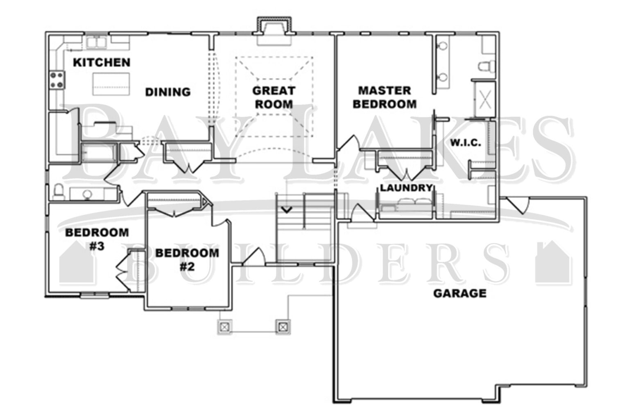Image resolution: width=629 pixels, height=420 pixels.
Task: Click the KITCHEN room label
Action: [102, 62]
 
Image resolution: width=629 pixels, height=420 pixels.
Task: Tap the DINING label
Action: [168, 92]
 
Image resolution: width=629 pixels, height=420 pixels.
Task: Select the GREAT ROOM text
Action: [274, 97]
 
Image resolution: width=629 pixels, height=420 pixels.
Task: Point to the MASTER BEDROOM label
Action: [384, 97]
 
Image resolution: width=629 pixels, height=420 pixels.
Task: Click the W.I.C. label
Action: [466, 143]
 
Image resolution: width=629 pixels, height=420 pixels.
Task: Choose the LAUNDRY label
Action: [406, 188]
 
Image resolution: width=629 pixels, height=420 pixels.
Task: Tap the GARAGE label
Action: [460, 293]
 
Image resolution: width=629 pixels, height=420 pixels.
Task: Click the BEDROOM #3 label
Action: [97, 239]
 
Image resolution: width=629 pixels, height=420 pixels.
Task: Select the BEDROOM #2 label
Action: [187, 260]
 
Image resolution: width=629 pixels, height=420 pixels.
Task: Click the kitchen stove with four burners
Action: [57, 80]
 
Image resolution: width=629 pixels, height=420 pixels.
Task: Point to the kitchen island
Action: [111, 84]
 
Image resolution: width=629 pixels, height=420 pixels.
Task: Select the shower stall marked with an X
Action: [485, 99]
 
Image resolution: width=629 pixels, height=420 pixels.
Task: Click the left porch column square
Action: [225, 326]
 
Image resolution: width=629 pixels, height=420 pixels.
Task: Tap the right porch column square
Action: [283, 326]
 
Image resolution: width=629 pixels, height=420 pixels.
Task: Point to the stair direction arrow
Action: [286, 210]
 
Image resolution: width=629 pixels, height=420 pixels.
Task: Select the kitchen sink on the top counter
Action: [96, 42]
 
